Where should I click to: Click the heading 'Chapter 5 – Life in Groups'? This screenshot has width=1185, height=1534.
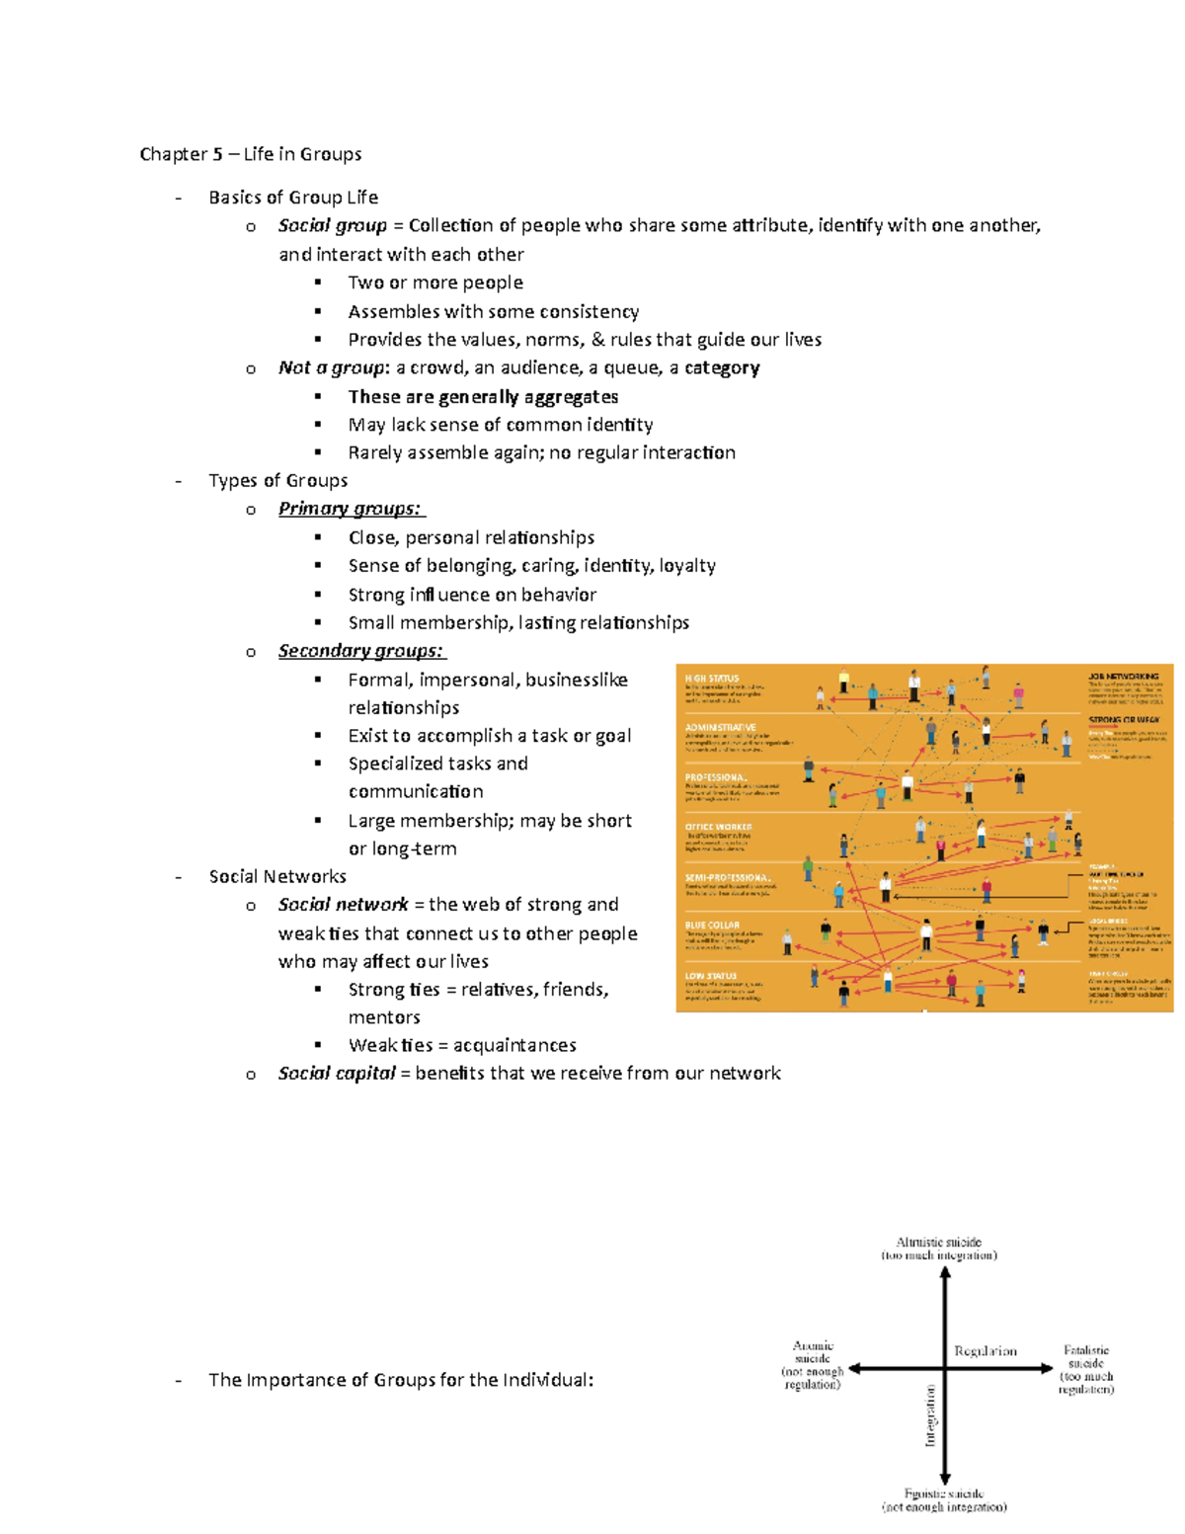tap(250, 154)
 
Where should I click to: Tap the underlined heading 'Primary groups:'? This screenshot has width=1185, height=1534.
tap(350, 509)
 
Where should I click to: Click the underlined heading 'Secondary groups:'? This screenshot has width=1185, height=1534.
tap(360, 651)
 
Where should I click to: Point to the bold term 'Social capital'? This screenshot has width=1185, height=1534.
tap(337, 1073)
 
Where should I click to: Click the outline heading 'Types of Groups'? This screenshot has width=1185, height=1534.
tap(277, 480)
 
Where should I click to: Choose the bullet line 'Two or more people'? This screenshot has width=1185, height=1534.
tap(435, 283)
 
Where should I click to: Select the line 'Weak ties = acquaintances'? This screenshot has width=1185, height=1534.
tap(462, 1045)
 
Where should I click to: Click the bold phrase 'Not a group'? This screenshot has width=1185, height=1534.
tap(330, 367)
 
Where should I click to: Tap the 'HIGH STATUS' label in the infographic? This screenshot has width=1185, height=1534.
tap(712, 679)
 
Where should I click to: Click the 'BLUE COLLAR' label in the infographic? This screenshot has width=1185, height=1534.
tap(712, 926)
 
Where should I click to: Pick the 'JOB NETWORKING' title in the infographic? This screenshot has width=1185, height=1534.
tap(1123, 677)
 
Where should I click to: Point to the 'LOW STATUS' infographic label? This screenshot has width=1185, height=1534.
tap(711, 976)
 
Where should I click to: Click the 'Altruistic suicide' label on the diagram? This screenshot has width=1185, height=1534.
tap(939, 1242)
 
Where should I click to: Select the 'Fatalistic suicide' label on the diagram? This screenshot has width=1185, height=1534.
tap(1086, 1356)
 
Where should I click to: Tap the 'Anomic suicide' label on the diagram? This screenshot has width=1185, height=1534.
tap(813, 1352)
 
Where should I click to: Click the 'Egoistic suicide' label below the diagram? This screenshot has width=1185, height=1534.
tap(943, 1494)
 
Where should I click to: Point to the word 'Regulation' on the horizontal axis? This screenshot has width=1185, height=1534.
tap(985, 1351)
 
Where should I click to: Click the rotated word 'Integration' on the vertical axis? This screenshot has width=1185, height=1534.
tap(930, 1415)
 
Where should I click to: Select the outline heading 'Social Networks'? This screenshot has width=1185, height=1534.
tap(277, 876)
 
